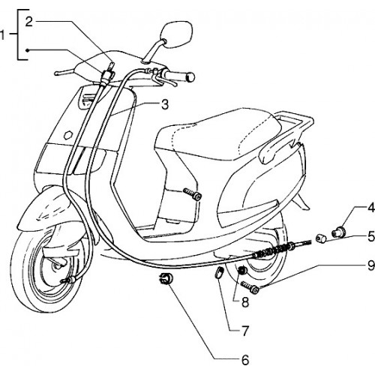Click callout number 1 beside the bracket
point(2,35)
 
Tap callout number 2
point(29,22)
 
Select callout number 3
point(165,104)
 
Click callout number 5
point(371,236)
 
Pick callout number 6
point(245,360)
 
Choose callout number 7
point(245,331)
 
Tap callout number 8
point(245,302)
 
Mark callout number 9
point(371,265)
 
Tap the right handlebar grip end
point(190,76)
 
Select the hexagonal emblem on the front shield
point(68,135)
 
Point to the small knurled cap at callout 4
point(338,232)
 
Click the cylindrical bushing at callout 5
point(321,238)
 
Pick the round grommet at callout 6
point(165,278)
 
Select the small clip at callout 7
point(219,272)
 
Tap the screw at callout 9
point(250,287)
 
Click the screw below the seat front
point(192,193)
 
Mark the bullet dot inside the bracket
point(27,50)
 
